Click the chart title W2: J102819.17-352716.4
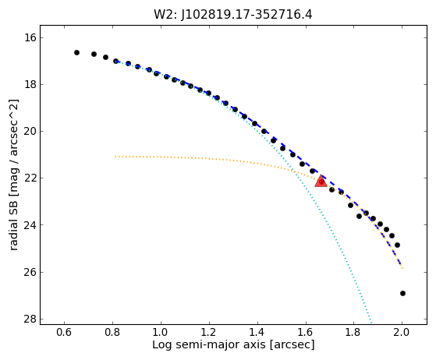[x=233, y=15]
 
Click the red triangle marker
[x=321, y=181]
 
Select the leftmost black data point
[x=76, y=52]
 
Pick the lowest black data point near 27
[x=402, y=293]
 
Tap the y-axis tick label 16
[x=30, y=37]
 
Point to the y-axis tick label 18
[x=30, y=84]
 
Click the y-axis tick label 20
[x=30, y=131]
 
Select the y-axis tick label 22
[x=30, y=178]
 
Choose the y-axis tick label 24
[x=30, y=224]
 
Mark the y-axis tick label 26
[x=30, y=272]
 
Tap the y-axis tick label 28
[x=30, y=319]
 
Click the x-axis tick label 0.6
[x=64, y=332]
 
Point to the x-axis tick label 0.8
[x=112, y=332]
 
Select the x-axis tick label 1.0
[x=161, y=332]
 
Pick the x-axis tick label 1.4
[x=257, y=332]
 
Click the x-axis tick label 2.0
[x=402, y=332]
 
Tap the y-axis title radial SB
[x=13, y=225]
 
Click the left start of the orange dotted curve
[x=115, y=157]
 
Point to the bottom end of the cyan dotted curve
[x=371, y=323]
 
